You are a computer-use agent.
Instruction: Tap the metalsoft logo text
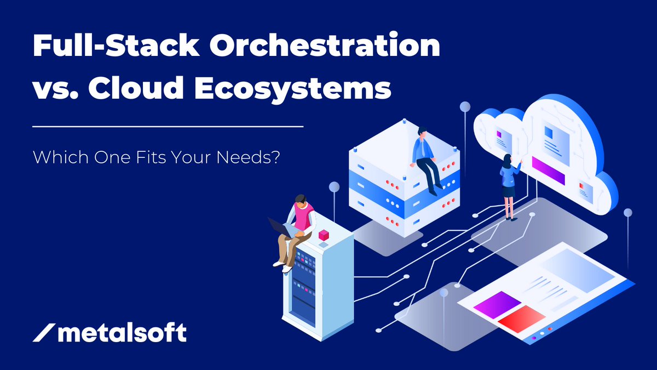(122, 333)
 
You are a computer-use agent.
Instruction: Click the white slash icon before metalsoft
(43, 333)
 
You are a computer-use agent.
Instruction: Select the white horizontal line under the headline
(168, 127)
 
